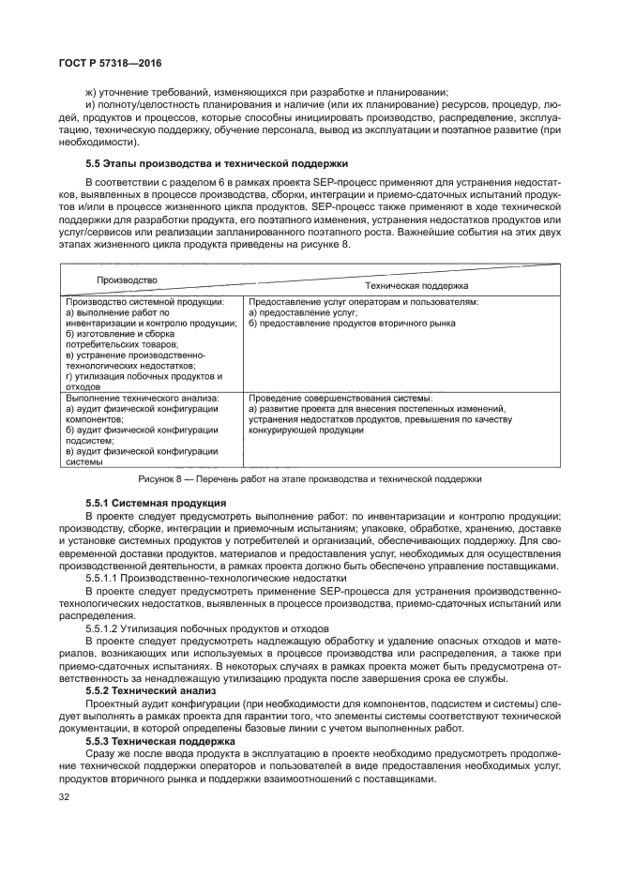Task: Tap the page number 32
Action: (x=65, y=796)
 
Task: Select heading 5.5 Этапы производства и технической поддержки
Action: (x=216, y=162)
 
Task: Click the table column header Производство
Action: (x=128, y=280)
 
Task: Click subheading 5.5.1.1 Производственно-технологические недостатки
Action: (x=206, y=578)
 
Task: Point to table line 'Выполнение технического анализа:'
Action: (x=142, y=398)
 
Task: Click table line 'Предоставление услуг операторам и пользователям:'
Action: (x=364, y=302)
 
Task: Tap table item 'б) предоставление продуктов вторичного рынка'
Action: (x=352, y=323)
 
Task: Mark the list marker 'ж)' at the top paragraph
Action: (x=91, y=92)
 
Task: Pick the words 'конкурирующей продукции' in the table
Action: (x=304, y=430)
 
